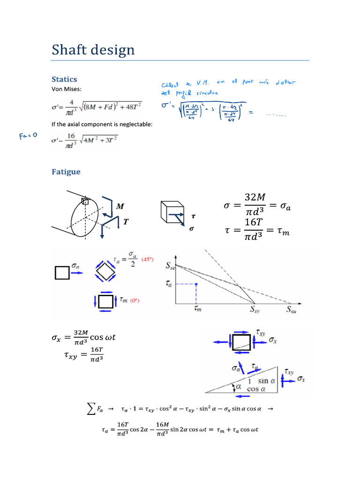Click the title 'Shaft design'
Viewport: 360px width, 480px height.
[93, 50]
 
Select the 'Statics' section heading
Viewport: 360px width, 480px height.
[64, 79]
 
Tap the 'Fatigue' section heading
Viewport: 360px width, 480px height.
[66, 172]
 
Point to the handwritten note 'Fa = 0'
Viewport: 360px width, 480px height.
[28, 136]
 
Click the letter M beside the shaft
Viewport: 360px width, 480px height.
[120, 206]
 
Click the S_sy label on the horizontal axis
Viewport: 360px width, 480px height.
[255, 310]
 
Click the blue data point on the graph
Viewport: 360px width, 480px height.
[196, 284]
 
